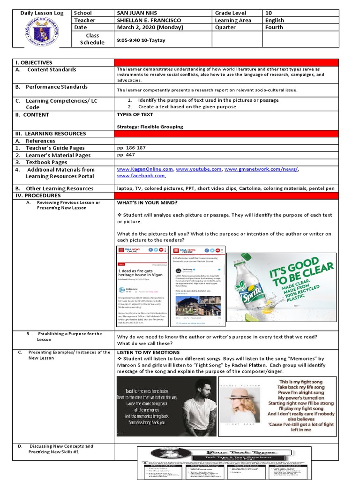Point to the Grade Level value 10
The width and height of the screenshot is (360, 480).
[268, 13]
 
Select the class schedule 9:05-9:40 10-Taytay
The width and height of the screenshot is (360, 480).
[141, 40]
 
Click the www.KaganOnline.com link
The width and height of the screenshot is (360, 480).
[145, 169]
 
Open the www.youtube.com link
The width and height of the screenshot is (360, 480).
[198, 169]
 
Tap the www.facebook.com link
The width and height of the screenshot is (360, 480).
[141, 176]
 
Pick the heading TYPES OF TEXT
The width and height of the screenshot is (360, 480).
[135, 114]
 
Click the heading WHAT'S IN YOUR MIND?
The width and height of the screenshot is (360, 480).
[147, 202]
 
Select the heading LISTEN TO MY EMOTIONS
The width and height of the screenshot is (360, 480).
[148, 352]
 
